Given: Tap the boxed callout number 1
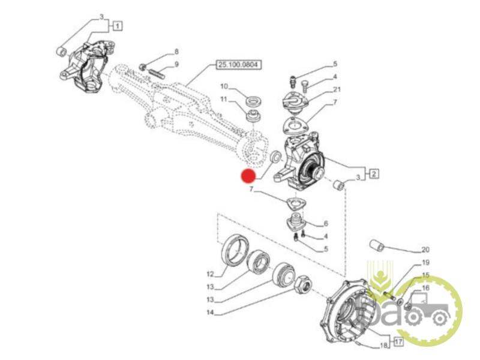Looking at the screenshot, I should pyautogui.click(x=117, y=26).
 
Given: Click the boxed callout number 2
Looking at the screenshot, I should pyautogui.click(x=373, y=175).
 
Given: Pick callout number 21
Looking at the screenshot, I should pyautogui.click(x=337, y=90).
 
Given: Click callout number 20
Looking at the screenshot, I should pyautogui.click(x=425, y=250).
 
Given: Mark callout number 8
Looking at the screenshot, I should pyautogui.click(x=176, y=52).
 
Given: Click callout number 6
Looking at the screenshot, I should pyautogui.click(x=326, y=223).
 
